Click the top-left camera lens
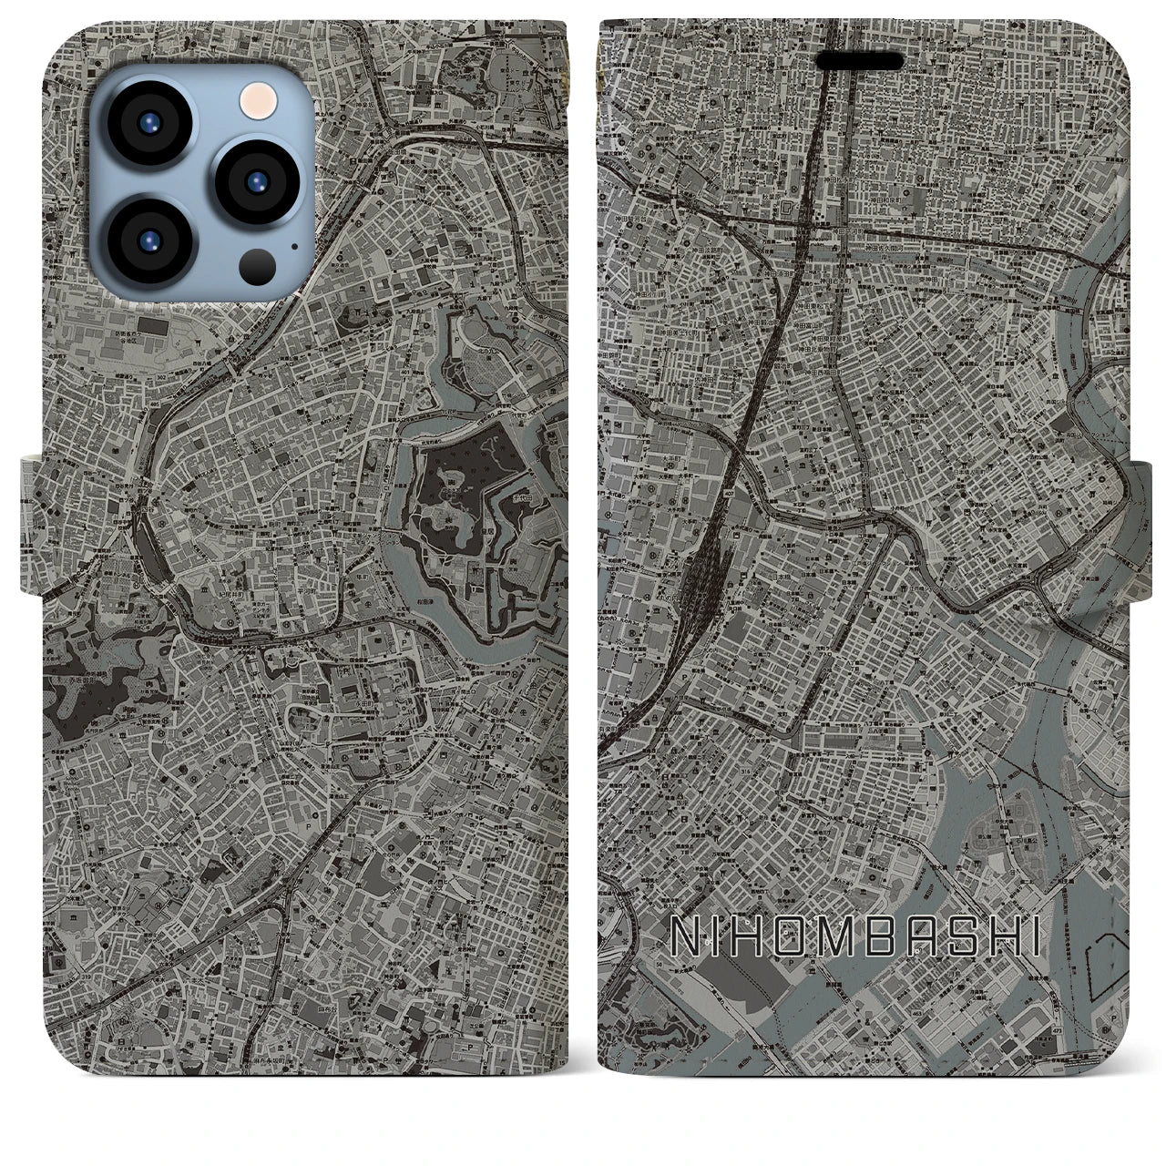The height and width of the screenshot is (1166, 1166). pyautogui.click(x=148, y=126)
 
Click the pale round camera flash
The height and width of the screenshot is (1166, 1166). pyautogui.click(x=254, y=97)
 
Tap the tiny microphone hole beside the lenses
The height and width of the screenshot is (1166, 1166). pyautogui.click(x=294, y=245)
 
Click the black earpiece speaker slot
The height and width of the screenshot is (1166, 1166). pyautogui.click(x=859, y=61)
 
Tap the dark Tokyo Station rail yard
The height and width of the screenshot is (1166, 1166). pyautogui.click(x=701, y=569)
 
